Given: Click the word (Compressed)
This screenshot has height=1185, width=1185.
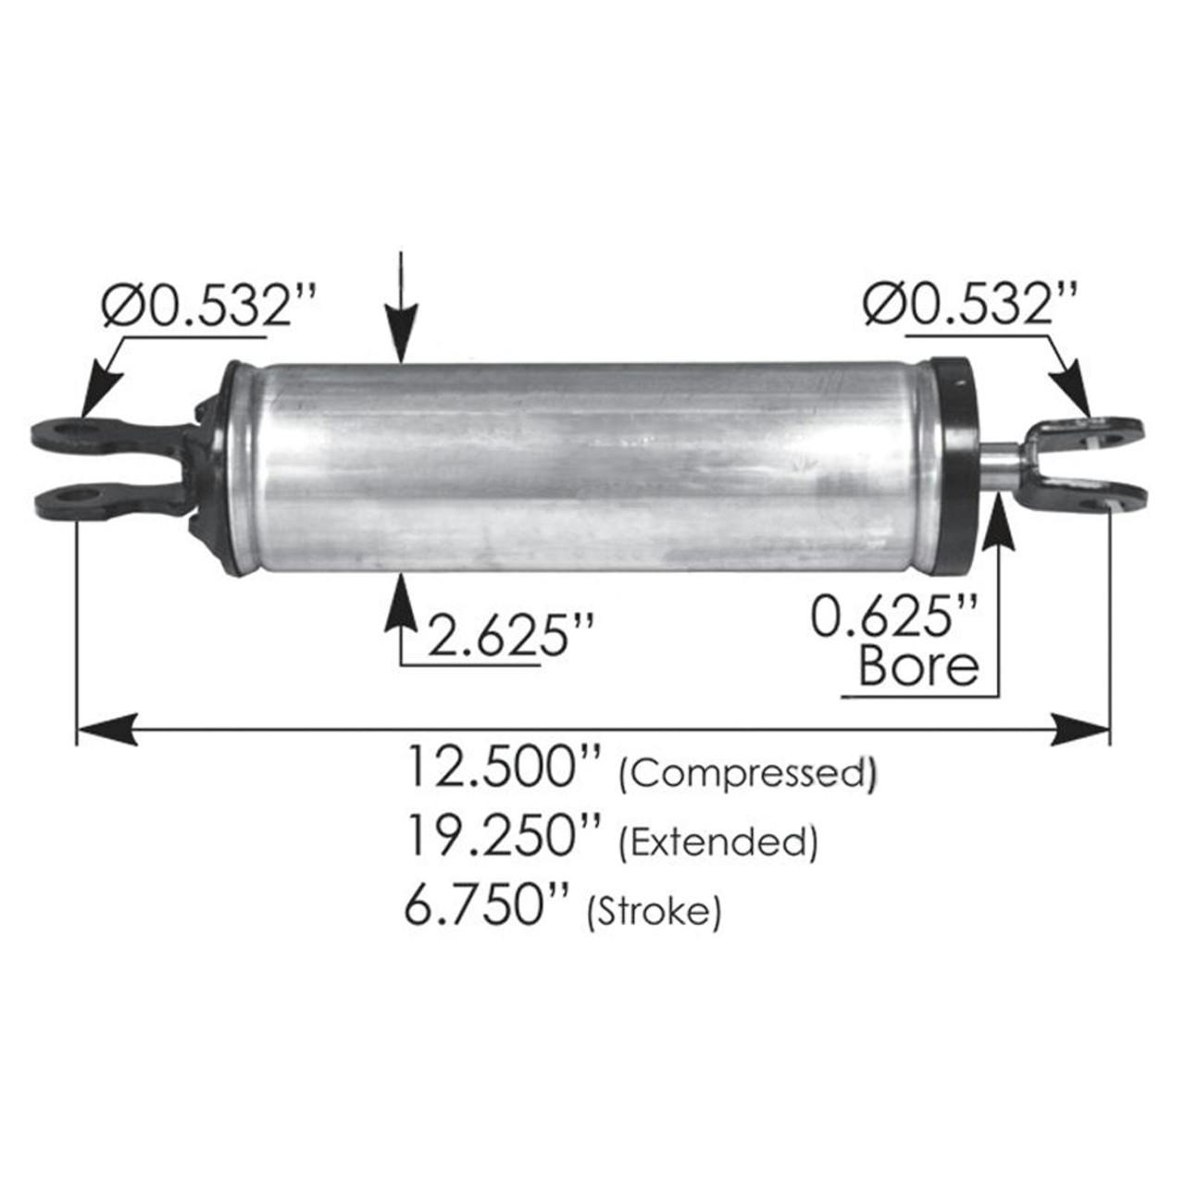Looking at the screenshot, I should [746, 774].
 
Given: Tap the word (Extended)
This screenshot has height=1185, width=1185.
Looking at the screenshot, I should [717, 842].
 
